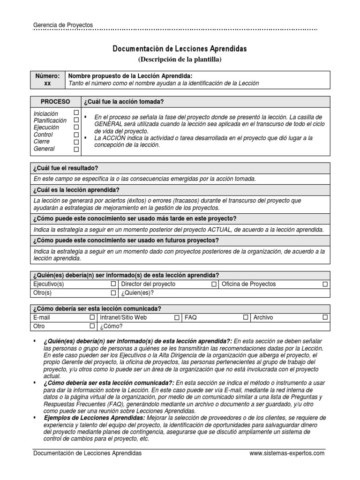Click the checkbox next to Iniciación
point(76,113)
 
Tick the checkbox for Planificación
point(76,120)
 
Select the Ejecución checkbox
point(76,127)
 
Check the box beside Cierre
point(76,142)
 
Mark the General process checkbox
point(76,149)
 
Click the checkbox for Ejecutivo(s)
point(113,284)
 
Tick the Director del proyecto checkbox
point(214,284)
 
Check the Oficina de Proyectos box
point(325,284)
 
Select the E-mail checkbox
point(92,317)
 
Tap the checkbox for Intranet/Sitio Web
point(177,317)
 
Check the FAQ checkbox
point(245,317)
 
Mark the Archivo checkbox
point(325,317)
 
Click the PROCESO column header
point(55,102)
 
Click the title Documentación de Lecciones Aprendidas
point(180,49)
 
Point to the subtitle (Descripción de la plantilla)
point(180,59)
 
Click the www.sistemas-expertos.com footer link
point(286,453)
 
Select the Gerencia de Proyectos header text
point(63,25)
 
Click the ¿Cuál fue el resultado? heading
point(65,168)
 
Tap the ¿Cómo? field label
point(112,326)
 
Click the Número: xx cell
point(47,79)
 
